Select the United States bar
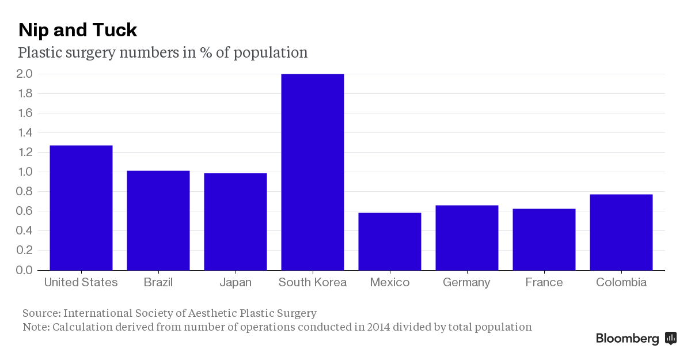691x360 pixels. tap(81, 207)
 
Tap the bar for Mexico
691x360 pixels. tap(389, 241)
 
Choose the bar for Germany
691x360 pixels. tap(466, 237)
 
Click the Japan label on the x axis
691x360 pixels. tap(236, 282)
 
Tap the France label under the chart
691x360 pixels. tap(544, 282)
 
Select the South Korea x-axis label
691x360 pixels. tap(312, 282)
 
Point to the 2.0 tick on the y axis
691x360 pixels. tap(25, 74)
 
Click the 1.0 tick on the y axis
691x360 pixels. tap(25, 172)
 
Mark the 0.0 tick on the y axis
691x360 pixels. tap(25, 270)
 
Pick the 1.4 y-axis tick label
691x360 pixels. tap(25, 132)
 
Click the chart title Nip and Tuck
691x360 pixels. tap(78, 29)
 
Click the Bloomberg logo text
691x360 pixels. tap(627, 338)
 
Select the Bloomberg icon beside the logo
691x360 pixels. tap(670, 338)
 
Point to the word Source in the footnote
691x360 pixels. tap(40, 313)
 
